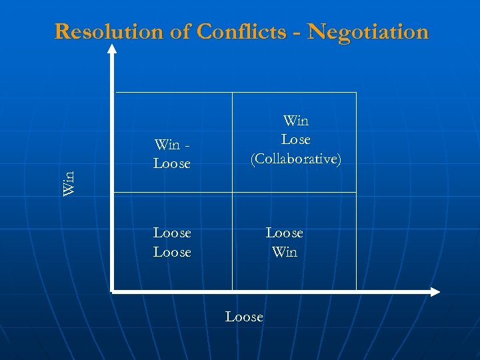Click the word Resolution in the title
point(108,31)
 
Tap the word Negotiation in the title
point(369,31)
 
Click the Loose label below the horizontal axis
point(244,317)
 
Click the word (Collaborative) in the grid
point(295,159)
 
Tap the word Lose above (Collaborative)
point(295,140)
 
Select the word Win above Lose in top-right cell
point(295,121)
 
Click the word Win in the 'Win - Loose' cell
point(167,144)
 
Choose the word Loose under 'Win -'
point(172,163)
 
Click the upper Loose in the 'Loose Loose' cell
point(172,233)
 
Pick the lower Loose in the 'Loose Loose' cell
point(172,252)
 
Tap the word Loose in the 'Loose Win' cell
point(284,233)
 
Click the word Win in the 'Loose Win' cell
point(284,252)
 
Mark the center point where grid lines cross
point(232,193)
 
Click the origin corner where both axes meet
point(113,291)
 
